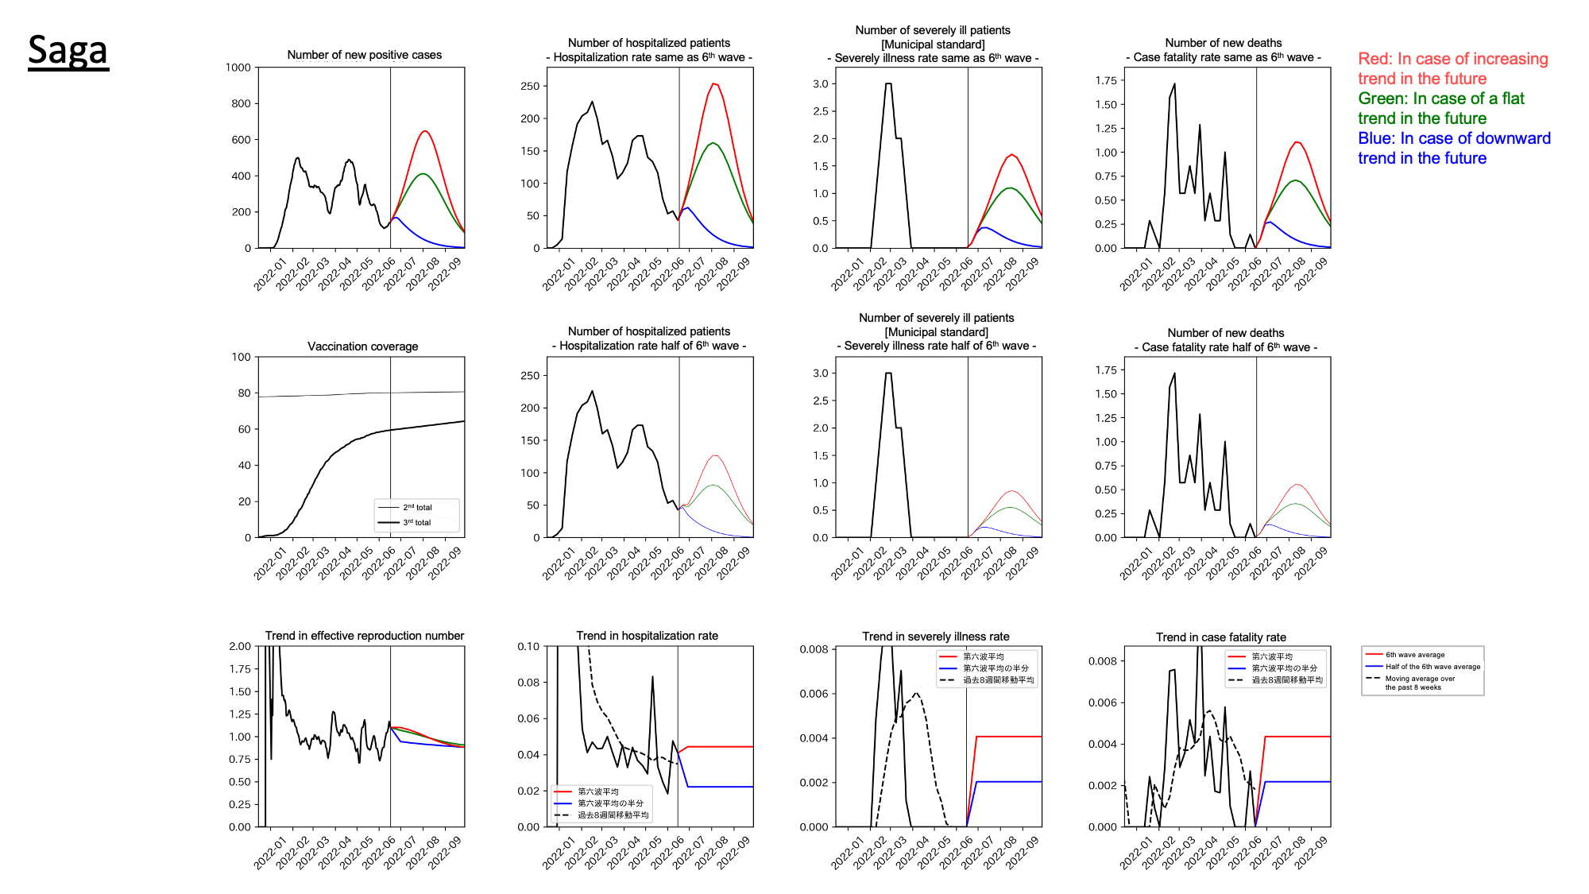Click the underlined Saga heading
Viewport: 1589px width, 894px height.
click(68, 50)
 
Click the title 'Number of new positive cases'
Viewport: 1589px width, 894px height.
click(364, 55)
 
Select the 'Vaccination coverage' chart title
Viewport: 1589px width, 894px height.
click(362, 346)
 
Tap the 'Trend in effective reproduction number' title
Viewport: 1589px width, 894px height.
click(364, 636)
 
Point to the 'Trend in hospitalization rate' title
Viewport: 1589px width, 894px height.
click(647, 636)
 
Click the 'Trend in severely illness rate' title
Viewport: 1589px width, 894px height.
click(935, 637)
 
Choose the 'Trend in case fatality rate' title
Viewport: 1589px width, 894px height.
click(1220, 637)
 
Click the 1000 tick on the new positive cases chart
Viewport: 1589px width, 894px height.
click(238, 68)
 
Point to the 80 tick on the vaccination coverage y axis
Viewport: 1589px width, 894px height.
click(244, 393)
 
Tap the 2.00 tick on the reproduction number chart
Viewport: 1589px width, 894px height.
click(240, 646)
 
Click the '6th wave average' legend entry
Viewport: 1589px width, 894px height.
click(1415, 655)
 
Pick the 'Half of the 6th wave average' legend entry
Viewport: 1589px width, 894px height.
click(1432, 667)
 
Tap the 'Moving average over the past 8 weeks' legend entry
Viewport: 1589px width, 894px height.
click(1420, 683)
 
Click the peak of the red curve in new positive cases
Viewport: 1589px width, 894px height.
click(425, 131)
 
